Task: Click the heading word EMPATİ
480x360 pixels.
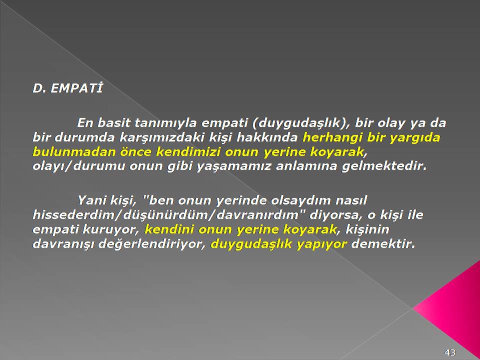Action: (x=76, y=88)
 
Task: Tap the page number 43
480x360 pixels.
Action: (x=450, y=352)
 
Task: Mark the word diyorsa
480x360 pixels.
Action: (x=336, y=215)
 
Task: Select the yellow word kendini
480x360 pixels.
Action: (x=169, y=229)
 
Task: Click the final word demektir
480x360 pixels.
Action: (x=382, y=244)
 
